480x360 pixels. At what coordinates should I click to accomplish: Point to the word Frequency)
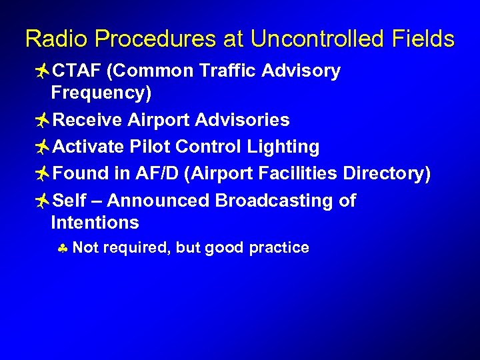(101, 93)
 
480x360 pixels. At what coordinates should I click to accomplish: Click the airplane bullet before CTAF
(41, 71)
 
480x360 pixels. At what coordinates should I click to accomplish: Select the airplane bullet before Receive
(41, 121)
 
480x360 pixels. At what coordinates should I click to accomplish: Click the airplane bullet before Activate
(41, 147)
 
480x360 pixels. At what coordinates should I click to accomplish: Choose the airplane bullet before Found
(41, 174)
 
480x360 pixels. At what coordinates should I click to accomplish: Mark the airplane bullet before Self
(41, 201)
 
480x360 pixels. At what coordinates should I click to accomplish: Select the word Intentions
(95, 222)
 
